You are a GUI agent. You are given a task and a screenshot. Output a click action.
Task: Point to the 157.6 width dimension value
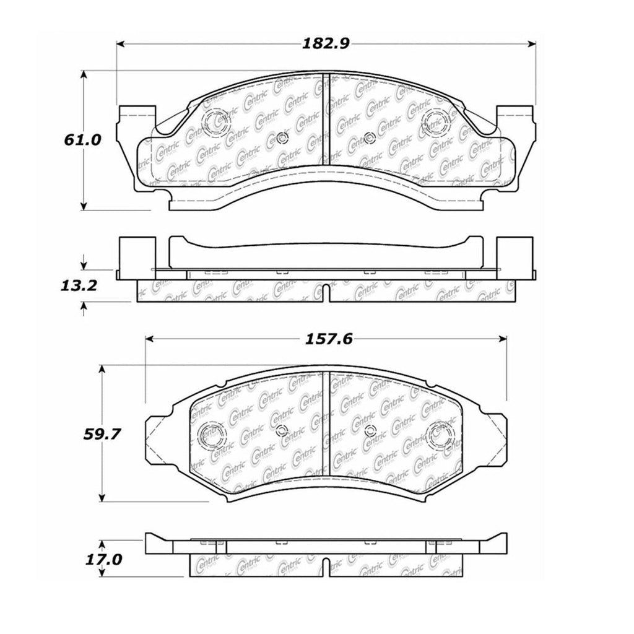[x=326, y=339]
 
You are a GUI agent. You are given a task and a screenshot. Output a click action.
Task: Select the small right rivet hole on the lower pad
[x=370, y=432]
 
